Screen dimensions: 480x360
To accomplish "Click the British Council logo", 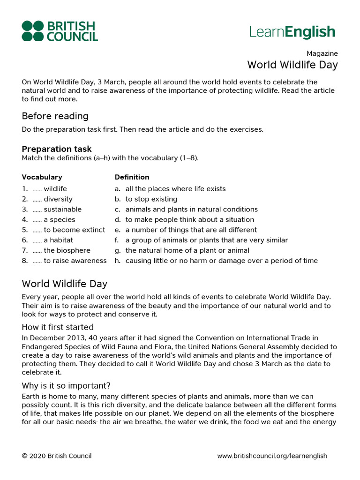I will [x=60, y=31].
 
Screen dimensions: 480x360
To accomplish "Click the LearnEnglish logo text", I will [x=292, y=32].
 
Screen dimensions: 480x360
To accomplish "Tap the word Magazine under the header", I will [x=322, y=53].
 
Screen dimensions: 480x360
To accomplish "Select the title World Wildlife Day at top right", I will [x=292, y=65].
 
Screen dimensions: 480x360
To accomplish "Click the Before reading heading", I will [x=55, y=116].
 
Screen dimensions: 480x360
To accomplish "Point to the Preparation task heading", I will [x=57, y=149].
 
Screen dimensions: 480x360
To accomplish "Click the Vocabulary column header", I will [x=42, y=177].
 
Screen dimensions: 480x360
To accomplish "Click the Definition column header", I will [x=132, y=177].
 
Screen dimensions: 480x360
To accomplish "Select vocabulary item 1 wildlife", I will [x=55, y=189].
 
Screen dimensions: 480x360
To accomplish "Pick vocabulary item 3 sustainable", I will [x=62, y=210].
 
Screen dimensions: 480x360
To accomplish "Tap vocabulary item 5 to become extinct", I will [x=74, y=230].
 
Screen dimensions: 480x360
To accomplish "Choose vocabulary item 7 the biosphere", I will [x=67, y=250].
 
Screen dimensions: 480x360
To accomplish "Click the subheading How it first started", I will [x=58, y=327].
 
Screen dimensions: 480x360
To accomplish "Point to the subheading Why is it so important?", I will [x=66, y=386].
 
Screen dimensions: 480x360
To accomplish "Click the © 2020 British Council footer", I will [x=57, y=456].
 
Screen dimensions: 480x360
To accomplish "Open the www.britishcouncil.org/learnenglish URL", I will [x=272, y=456].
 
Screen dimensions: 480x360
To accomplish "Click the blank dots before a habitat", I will [x=37, y=240].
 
